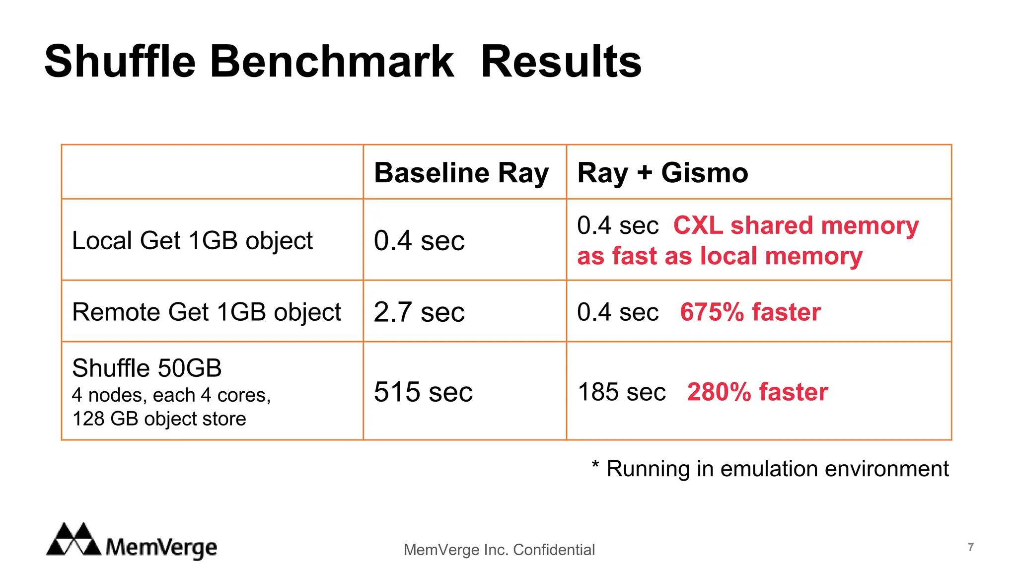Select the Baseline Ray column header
click(x=461, y=173)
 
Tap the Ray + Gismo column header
click(x=662, y=173)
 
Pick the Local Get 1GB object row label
click(x=192, y=241)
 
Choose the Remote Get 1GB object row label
click(x=206, y=312)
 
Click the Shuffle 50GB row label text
click(x=146, y=368)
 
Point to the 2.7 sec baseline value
click(x=419, y=312)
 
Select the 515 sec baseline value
click(x=423, y=392)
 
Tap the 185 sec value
click(x=621, y=392)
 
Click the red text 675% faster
click(x=750, y=312)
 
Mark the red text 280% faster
click(x=757, y=392)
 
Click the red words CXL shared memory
click(x=796, y=225)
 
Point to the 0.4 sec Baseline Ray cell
click(x=419, y=241)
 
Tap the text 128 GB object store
click(x=159, y=419)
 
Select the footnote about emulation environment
click(x=770, y=469)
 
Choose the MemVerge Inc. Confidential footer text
click(x=499, y=550)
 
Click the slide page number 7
click(x=970, y=547)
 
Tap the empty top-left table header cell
click(x=212, y=172)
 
